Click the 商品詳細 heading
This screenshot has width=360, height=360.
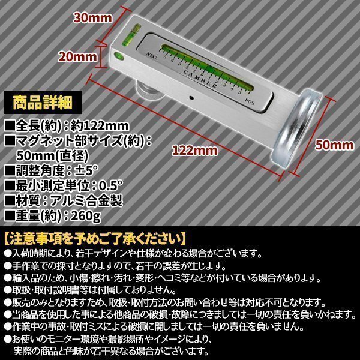click(x=35, y=100)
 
